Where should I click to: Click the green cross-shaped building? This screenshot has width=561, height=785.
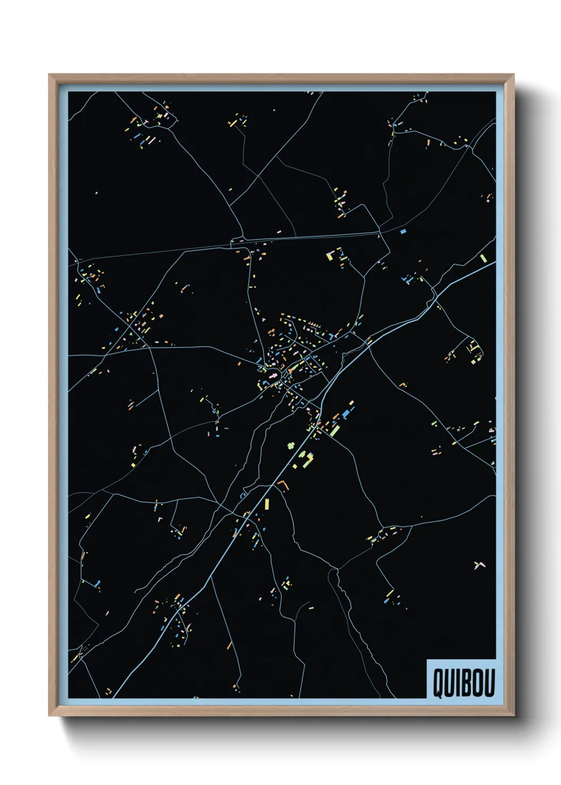291,446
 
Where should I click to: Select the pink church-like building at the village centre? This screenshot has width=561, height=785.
274,375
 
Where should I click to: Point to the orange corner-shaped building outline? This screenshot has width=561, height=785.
283,484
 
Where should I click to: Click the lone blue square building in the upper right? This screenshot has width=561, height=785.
402,231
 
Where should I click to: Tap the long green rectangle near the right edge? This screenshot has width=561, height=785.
483,258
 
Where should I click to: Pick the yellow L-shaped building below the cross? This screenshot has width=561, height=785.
306,459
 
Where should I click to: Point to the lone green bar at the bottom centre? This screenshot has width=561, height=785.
311,608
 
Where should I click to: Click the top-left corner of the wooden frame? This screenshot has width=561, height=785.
49,75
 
